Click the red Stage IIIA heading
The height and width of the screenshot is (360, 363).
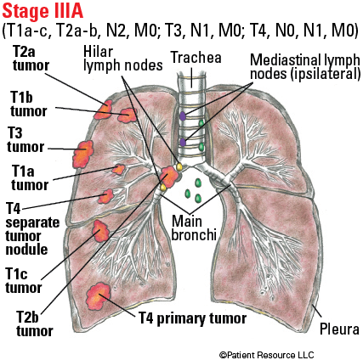click(43, 12)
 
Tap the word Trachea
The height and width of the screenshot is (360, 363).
click(196, 58)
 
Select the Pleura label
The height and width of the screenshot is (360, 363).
click(339, 329)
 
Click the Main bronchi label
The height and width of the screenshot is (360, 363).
click(194, 228)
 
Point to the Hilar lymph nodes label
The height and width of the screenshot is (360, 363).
click(122, 59)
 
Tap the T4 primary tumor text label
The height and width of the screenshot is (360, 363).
click(192, 318)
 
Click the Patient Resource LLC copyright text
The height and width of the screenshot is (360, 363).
click(267, 355)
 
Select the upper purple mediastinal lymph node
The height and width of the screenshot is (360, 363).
click(183, 116)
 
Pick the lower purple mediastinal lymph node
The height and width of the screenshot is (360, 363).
click(183, 142)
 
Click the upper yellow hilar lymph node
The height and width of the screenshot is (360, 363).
click(179, 166)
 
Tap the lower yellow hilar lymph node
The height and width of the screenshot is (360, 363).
click(163, 187)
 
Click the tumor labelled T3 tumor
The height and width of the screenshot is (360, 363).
click(83, 154)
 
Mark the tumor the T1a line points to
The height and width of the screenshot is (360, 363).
click(119, 169)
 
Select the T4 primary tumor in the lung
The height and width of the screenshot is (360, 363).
click(99, 296)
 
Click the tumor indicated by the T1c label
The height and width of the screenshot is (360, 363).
click(100, 231)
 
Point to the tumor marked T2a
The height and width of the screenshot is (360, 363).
click(103, 110)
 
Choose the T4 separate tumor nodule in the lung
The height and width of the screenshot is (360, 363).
click(105, 196)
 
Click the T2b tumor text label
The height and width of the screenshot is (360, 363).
click(35, 323)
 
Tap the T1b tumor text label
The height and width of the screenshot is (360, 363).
click(29, 104)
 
